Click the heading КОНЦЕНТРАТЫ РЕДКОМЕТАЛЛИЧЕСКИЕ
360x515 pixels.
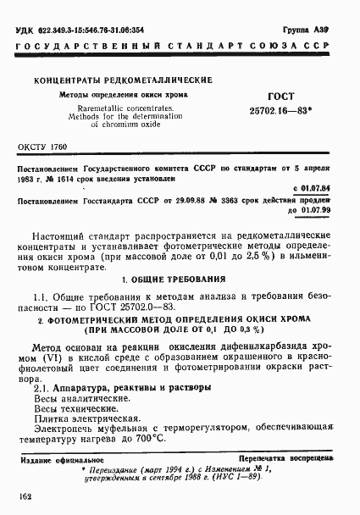coord(124,80)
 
